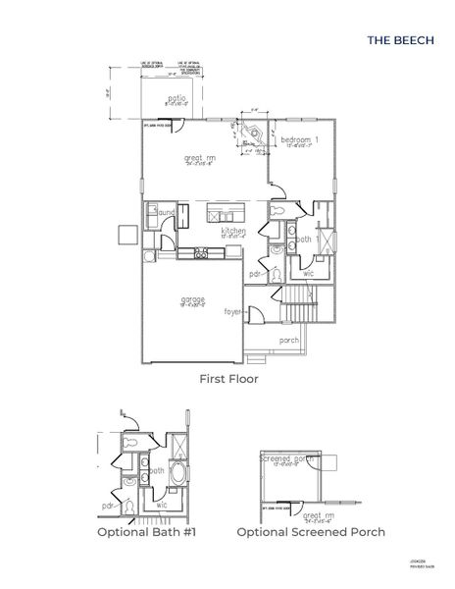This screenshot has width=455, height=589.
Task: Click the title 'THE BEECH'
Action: click(x=398, y=41)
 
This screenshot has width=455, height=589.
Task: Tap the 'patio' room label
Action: click(x=176, y=98)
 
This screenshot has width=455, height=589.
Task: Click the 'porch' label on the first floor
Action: click(x=289, y=341)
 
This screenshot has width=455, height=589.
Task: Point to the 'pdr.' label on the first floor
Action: click(x=255, y=274)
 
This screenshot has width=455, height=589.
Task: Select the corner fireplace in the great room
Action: click(x=251, y=134)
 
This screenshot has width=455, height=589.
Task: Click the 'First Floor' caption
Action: click(x=227, y=379)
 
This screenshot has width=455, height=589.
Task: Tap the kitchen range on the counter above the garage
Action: click(x=201, y=253)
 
